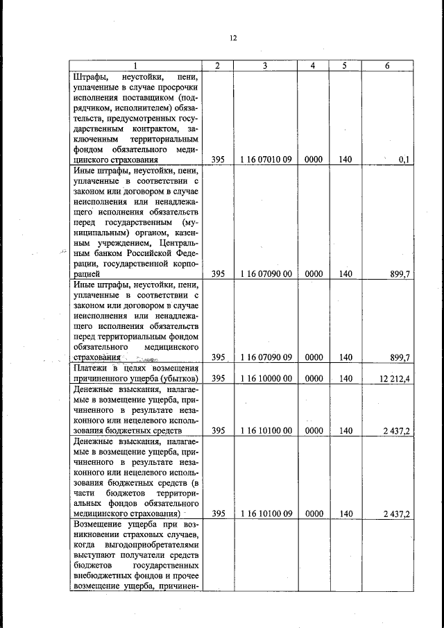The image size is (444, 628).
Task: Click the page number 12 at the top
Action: tap(234, 38)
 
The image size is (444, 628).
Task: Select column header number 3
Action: tap(265, 65)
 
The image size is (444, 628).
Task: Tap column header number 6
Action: tap(387, 65)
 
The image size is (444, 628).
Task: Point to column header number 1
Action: tap(136, 65)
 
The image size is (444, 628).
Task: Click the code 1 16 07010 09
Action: tap(265, 160)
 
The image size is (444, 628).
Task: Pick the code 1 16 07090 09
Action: tap(265, 357)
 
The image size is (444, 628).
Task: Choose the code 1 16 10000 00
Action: tap(265, 378)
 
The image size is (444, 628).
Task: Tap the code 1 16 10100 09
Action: tap(265, 514)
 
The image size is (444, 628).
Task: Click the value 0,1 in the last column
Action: tap(404, 160)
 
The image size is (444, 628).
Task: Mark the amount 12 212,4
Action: tap(395, 378)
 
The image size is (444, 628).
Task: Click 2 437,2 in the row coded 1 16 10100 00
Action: tap(396, 430)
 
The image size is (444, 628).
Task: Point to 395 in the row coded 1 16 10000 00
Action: tap(219, 378)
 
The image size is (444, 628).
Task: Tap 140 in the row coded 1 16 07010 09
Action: tap(345, 160)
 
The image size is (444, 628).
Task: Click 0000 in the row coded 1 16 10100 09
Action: tap(314, 514)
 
